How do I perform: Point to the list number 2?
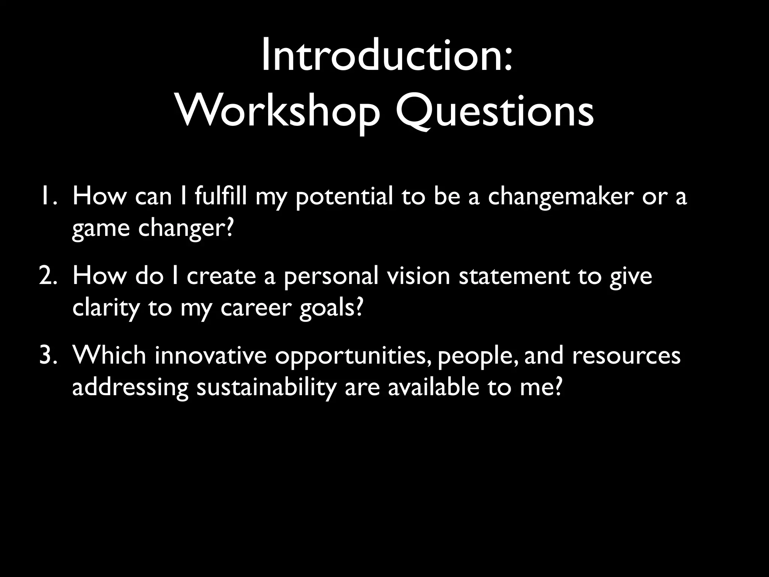[48, 276]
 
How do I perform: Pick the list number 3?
[48, 355]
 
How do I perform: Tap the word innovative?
[210, 355]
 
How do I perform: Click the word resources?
[626, 355]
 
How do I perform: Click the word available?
[433, 387]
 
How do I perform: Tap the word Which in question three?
[109, 355]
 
